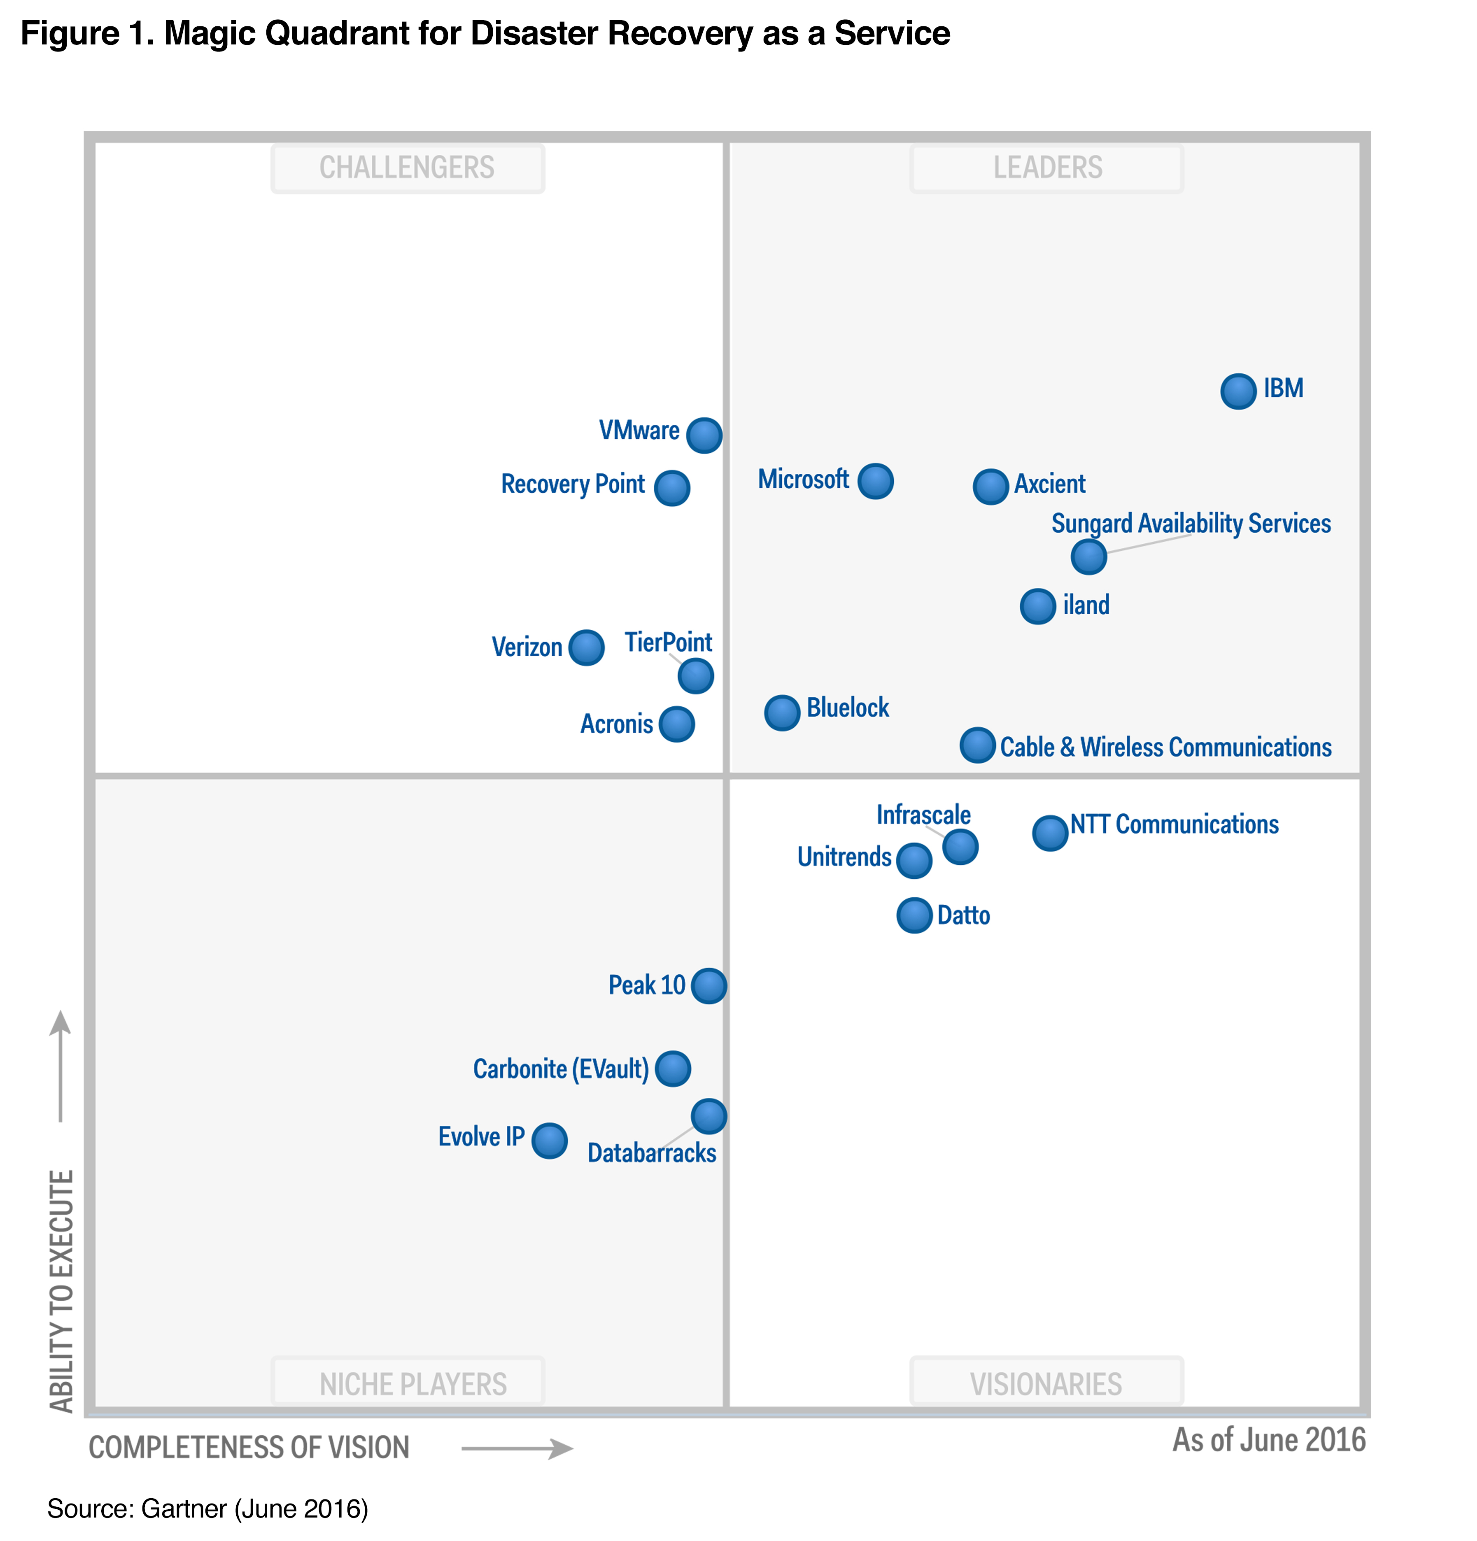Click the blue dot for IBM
(1238, 391)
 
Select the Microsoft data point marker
(875, 480)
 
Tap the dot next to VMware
(704, 435)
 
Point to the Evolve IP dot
(549, 1140)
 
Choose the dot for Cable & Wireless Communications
(977, 745)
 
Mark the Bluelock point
(782, 712)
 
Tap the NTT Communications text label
(1174, 824)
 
